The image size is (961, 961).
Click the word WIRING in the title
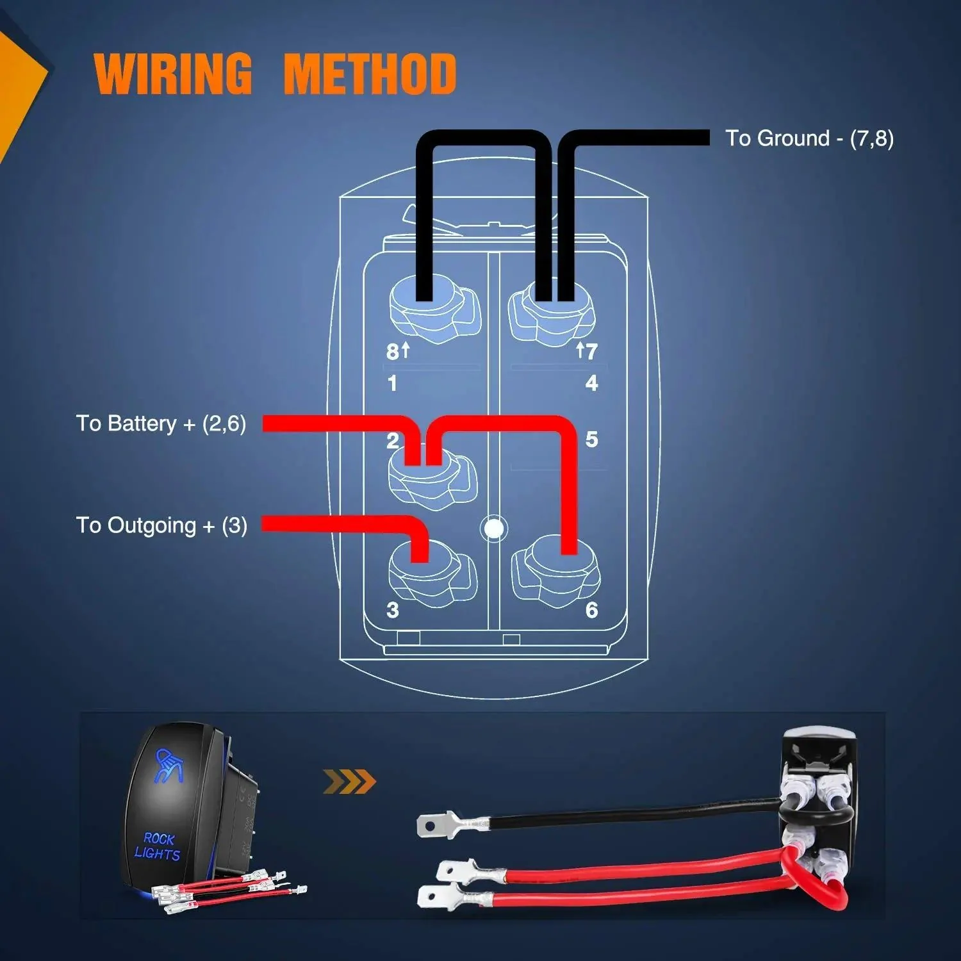173,74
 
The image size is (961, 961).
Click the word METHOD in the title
370,74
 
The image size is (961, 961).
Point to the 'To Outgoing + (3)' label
161,525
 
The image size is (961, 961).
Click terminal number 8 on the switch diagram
393,352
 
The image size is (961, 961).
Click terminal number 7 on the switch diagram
591,351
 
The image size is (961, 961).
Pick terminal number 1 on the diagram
392,383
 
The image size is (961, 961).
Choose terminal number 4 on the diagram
591,383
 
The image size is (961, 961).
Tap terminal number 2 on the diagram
392,441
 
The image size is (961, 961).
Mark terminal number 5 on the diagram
591,439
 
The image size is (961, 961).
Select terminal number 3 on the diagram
392,610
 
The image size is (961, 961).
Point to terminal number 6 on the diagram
591,610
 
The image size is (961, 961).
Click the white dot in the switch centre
494,529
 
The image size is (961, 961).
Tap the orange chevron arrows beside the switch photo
349,782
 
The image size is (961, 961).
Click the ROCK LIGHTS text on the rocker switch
158,846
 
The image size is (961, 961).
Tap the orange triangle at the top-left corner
19,83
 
